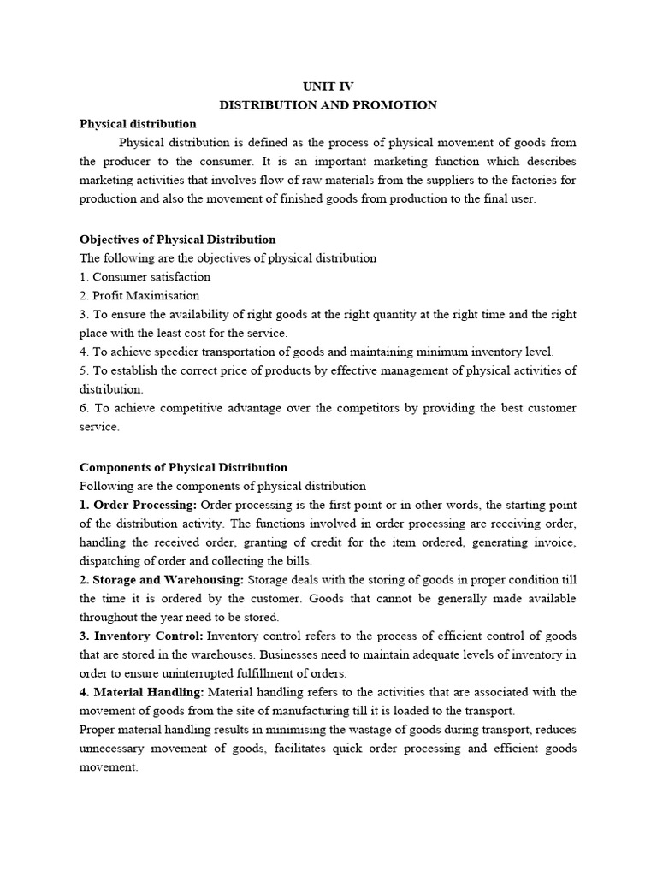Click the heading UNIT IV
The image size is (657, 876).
[x=328, y=86]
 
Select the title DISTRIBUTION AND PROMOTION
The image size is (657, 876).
[x=328, y=105]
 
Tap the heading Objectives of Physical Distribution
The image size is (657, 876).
[x=177, y=239]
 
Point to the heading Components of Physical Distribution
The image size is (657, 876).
[x=183, y=467]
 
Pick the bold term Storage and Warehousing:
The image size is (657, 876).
[x=162, y=580]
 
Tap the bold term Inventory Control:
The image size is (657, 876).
[x=148, y=636]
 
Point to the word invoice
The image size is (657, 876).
[x=556, y=542]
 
